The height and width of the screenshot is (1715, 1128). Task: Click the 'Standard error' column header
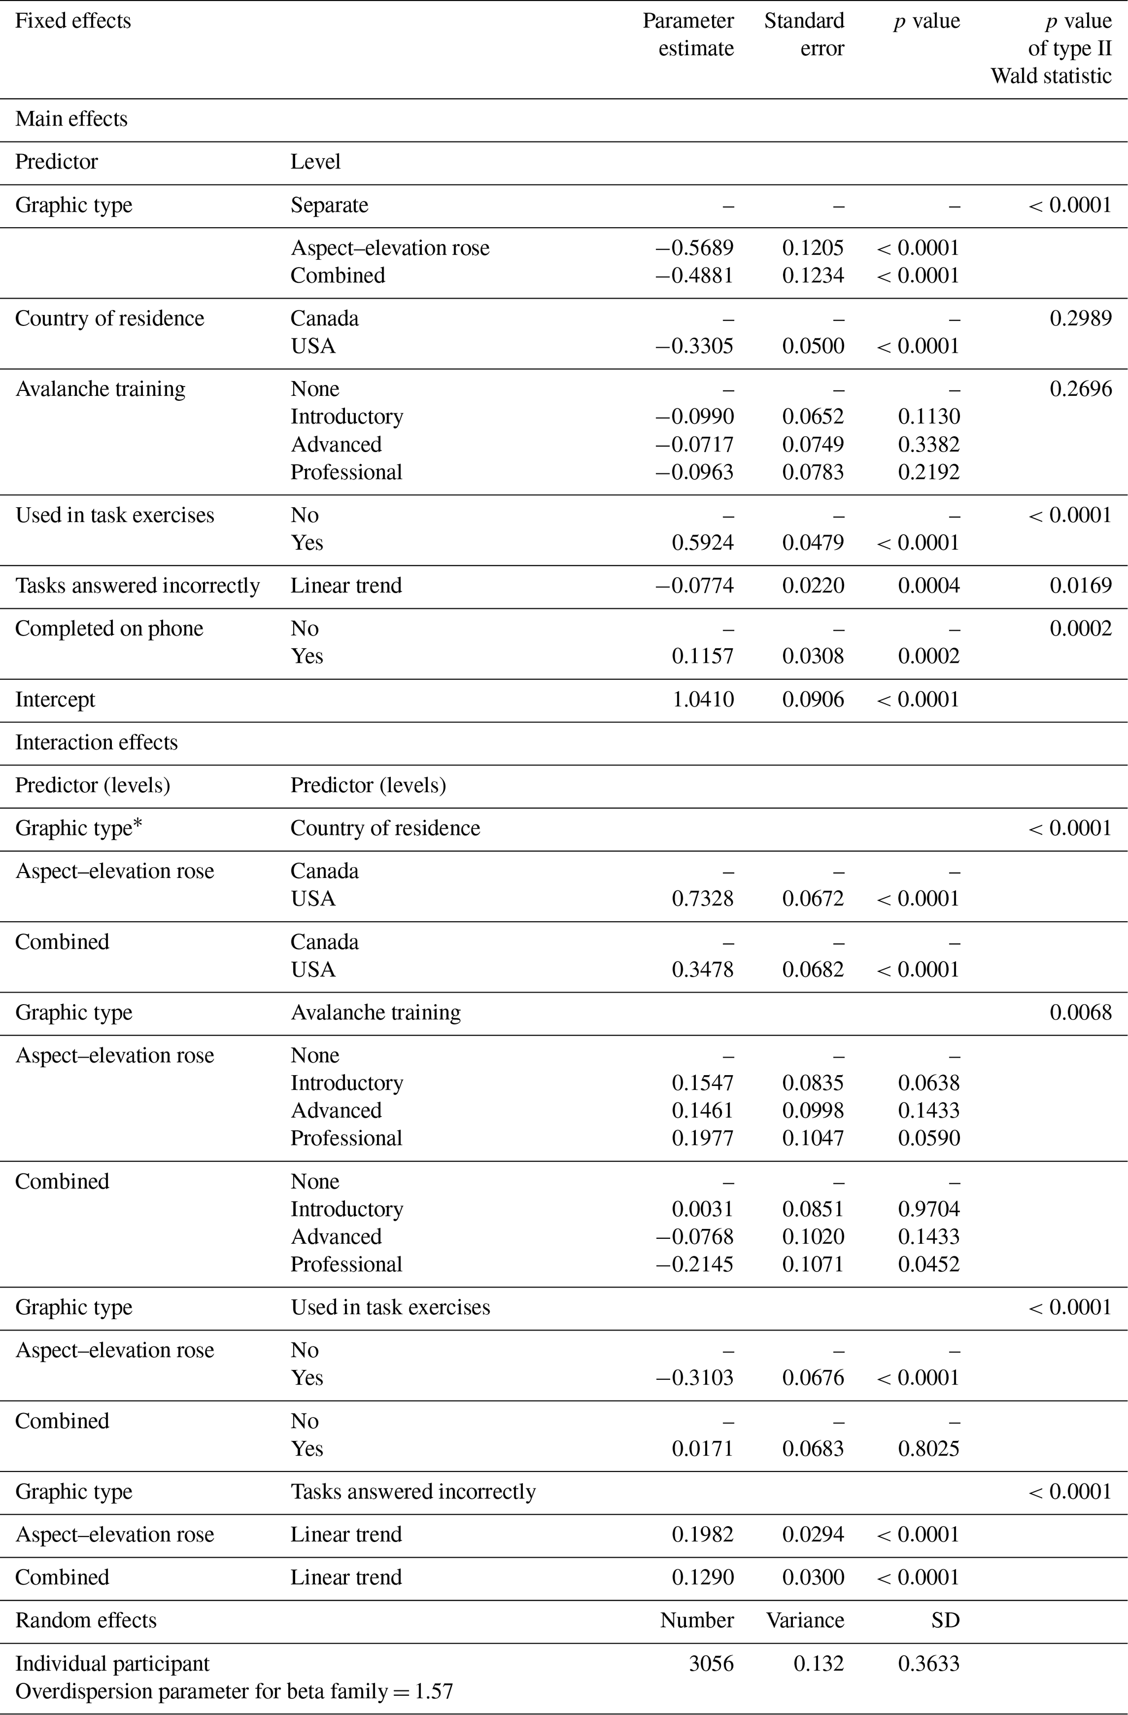[804, 34]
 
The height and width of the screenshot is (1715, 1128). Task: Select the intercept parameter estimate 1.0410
[702, 699]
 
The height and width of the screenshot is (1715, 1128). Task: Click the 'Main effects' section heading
[71, 119]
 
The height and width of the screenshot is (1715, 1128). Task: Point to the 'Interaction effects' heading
[97, 742]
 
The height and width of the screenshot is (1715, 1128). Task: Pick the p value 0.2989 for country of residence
[1080, 318]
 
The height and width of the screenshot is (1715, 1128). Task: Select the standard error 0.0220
[813, 585]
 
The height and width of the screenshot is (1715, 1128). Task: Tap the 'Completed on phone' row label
[110, 628]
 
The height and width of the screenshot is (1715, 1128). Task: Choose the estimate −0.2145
[694, 1264]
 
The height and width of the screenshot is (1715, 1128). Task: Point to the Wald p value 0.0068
[1080, 1012]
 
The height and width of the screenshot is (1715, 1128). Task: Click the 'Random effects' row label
[86, 1621]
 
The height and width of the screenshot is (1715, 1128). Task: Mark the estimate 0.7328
[702, 899]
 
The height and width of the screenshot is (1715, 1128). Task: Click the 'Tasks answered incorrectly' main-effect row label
[138, 585]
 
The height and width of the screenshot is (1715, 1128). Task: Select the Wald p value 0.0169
[1080, 585]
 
